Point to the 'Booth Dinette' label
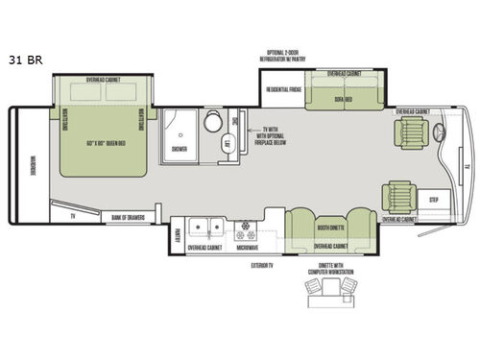[x=328, y=228]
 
